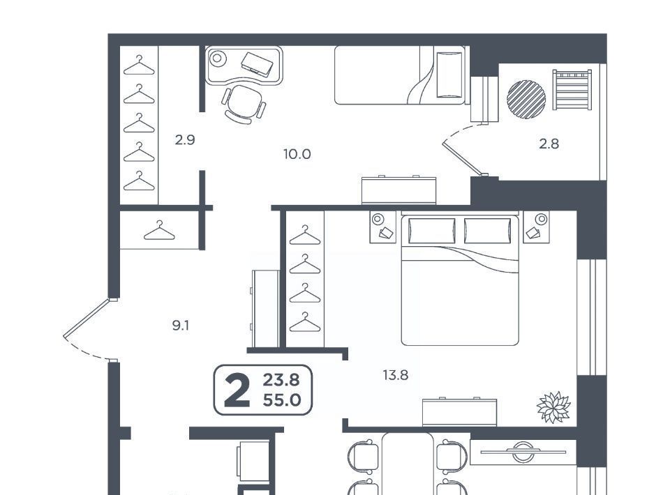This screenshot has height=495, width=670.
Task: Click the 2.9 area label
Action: [x=185, y=139]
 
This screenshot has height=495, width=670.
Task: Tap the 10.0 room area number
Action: [x=297, y=154]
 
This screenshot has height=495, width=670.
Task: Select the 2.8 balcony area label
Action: [x=549, y=144]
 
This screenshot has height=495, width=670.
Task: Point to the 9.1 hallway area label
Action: [x=180, y=326]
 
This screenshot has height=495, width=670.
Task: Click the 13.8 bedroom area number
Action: [x=395, y=375]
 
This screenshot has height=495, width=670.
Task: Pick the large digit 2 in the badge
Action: [x=237, y=390]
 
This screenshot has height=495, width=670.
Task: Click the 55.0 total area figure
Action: [x=281, y=400]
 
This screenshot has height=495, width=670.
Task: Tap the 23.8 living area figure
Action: [x=281, y=379]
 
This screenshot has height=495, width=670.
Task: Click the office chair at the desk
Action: [x=243, y=104]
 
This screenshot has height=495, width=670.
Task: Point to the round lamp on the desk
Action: [x=218, y=58]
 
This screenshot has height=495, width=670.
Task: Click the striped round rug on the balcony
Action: [x=526, y=98]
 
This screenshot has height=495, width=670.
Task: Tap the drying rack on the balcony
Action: [x=572, y=90]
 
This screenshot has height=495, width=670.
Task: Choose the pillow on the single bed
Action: [x=449, y=75]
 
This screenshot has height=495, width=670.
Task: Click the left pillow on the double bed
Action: [x=431, y=231]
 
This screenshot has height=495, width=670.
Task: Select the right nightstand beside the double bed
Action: [x=536, y=227]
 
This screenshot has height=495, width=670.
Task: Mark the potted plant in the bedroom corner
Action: [x=553, y=407]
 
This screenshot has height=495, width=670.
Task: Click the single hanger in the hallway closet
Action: [x=159, y=231]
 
